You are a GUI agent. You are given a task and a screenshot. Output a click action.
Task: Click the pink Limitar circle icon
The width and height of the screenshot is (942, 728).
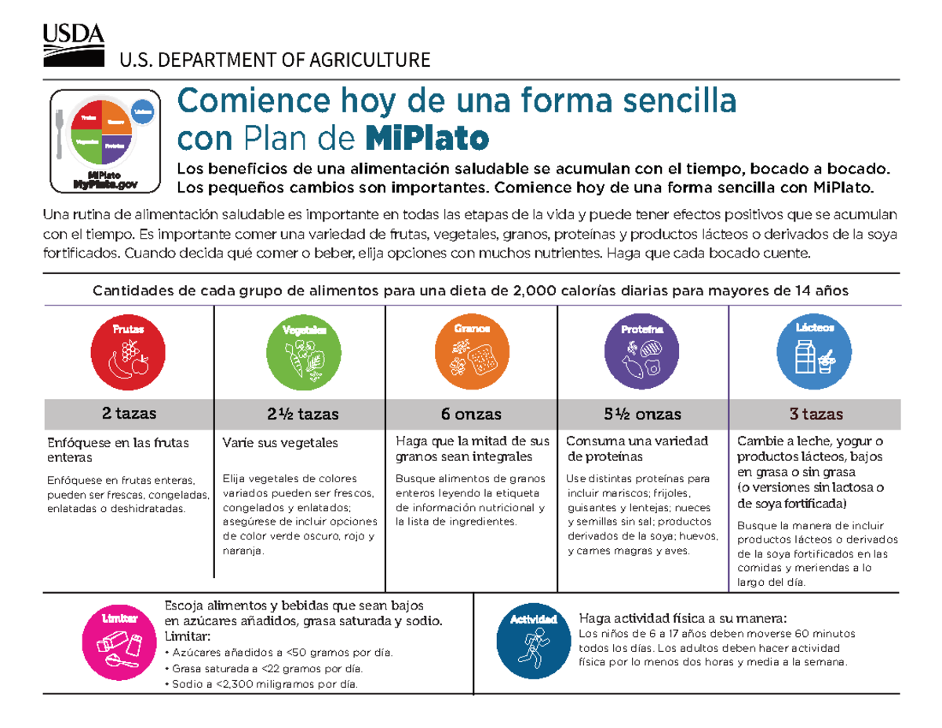tap(119, 641)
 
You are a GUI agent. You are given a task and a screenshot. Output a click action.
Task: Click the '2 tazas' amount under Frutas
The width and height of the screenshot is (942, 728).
tap(130, 413)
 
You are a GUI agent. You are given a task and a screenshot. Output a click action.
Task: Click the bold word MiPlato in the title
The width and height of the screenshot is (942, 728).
tap(427, 139)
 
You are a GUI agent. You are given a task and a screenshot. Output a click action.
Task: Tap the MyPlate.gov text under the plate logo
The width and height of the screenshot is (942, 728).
tap(104, 184)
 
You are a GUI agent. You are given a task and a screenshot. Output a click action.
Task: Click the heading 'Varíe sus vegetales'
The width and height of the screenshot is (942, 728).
tap(280, 443)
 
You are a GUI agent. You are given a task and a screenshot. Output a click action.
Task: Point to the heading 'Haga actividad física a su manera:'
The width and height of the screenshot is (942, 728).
tap(681, 617)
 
